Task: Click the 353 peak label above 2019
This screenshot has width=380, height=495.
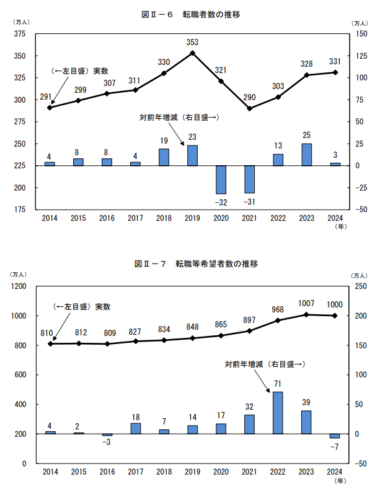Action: click(x=192, y=43)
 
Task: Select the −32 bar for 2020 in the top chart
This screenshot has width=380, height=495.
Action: click(x=221, y=179)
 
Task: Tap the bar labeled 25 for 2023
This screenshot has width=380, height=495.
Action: click(x=306, y=155)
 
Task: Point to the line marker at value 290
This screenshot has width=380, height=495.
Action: click(x=249, y=108)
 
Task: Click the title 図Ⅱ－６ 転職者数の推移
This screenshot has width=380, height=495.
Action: click(x=190, y=14)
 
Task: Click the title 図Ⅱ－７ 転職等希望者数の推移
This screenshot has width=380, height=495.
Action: click(x=190, y=264)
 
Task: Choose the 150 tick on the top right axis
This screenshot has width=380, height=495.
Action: click(x=359, y=34)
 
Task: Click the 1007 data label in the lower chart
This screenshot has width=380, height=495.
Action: click(x=306, y=304)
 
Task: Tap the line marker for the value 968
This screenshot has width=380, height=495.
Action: click(x=278, y=321)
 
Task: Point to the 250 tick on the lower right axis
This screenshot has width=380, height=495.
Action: click(x=359, y=286)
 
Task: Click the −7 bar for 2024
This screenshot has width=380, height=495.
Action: click(x=335, y=436)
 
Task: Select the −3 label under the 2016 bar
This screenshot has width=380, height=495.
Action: click(x=107, y=442)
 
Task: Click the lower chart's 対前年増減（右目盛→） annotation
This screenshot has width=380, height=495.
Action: click(x=264, y=365)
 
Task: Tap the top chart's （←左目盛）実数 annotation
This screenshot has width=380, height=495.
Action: click(x=80, y=71)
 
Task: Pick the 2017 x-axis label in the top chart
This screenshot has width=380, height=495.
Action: click(x=135, y=218)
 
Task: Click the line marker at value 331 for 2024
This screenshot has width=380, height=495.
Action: click(x=335, y=72)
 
